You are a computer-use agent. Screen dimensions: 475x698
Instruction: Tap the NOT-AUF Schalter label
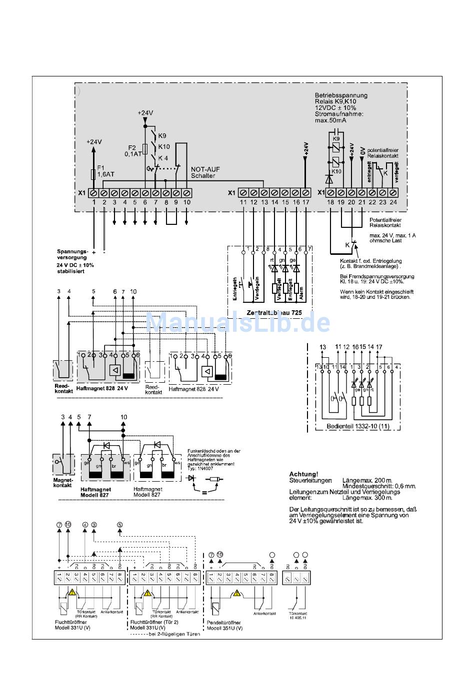tap(203, 172)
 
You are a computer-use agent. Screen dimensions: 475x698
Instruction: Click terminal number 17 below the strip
tap(306, 202)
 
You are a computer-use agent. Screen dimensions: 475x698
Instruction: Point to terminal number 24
tap(393, 202)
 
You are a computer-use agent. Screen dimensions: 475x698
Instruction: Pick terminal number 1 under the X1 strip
tap(94, 202)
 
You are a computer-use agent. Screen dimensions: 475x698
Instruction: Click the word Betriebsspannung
tap(340, 95)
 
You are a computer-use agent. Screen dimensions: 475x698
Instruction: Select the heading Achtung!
tap(303, 474)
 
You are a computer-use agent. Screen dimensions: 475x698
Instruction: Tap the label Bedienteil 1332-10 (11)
tap(350, 426)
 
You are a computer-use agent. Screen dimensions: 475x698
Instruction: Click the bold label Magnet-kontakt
tap(63, 483)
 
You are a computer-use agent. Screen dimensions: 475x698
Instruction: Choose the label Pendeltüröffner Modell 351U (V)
tap(224, 625)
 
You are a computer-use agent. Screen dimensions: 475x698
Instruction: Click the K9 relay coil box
tap(336, 146)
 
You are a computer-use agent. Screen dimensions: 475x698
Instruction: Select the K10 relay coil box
tap(336, 161)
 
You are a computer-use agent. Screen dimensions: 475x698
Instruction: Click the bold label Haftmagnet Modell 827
tap(95, 492)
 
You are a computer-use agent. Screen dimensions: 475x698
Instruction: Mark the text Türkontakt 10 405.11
tap(297, 615)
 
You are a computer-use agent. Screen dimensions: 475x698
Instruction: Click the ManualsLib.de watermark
tap(237, 322)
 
